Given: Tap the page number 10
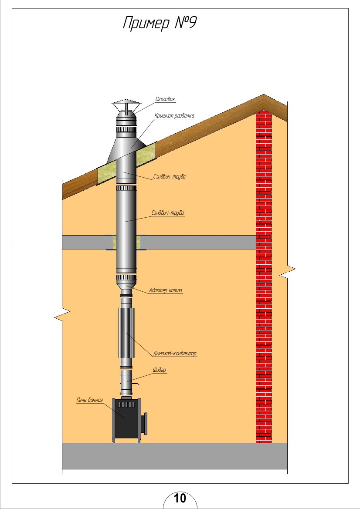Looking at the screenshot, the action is click(180, 498).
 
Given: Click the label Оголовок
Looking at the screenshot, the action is click(165, 99).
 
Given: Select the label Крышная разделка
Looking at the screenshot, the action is click(174, 116).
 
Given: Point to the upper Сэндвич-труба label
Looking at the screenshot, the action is click(170, 177).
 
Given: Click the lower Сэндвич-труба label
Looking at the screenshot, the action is click(168, 213).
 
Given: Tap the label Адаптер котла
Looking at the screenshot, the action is click(165, 290).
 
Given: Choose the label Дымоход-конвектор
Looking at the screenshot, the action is click(175, 354).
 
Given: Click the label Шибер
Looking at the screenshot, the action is click(159, 370).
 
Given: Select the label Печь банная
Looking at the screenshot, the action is click(89, 400).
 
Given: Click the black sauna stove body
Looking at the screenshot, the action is click(126, 419).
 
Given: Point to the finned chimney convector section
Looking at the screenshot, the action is click(126, 332).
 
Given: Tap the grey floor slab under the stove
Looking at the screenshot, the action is click(175, 456).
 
